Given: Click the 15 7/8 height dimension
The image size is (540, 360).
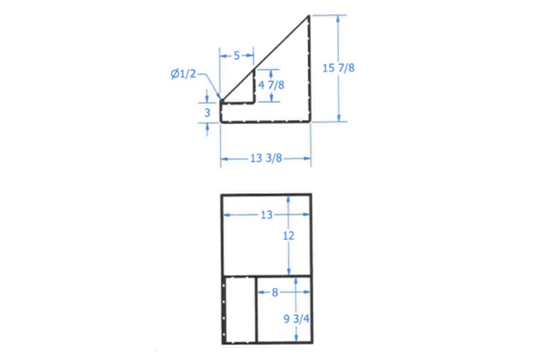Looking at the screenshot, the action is [338, 68].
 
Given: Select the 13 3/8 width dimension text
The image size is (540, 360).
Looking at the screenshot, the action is [266, 158].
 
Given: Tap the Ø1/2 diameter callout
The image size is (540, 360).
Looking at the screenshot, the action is [183, 74].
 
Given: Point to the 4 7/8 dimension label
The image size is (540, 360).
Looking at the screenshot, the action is [271, 85].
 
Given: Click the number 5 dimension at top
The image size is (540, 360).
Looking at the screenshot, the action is [236, 55].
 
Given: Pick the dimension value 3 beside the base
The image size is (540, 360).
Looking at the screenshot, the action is [208, 113].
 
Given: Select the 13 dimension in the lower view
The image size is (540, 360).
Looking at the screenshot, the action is [266, 215].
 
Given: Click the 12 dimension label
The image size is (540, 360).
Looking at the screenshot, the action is [289, 236].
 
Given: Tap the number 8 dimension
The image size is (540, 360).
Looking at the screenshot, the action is [275, 292].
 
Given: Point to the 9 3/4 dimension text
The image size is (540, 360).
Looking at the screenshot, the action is [296, 319].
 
